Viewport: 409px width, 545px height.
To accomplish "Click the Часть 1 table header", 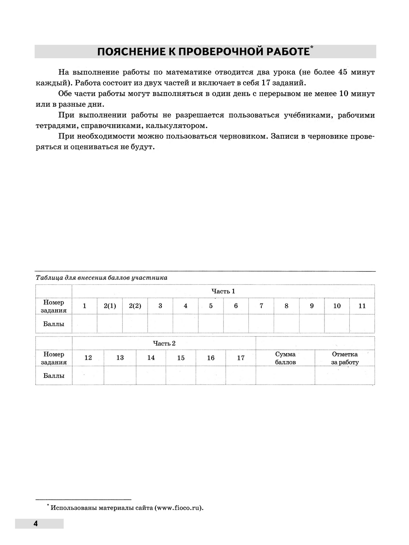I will [223, 291].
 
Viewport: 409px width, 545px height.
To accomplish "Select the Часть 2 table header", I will [164, 343].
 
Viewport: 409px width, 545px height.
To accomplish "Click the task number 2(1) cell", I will [110, 306].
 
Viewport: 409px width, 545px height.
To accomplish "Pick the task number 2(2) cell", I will [135, 306].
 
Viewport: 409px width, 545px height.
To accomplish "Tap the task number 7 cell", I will [261, 306].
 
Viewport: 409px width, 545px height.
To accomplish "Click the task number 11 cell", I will [362, 306].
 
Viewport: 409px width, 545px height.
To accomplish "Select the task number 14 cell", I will [151, 358].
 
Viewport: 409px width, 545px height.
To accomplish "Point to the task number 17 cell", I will [241, 358].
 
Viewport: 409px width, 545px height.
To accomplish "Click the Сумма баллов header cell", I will [285, 358].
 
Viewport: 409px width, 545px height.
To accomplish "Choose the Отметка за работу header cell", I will [345, 358].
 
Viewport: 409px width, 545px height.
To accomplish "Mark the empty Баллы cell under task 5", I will [211, 324].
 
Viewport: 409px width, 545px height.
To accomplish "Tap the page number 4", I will [35, 524].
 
